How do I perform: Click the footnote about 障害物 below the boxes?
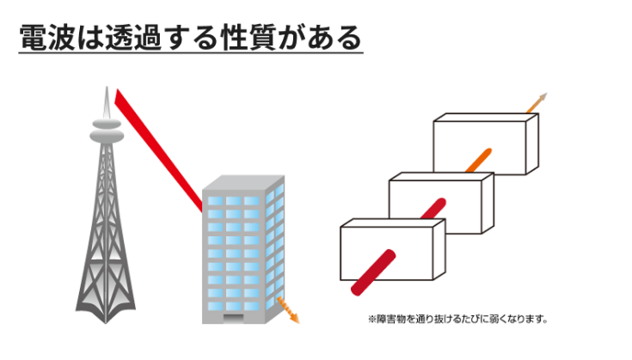(x=457, y=320)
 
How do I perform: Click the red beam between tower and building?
(x=160, y=146)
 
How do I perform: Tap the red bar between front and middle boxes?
(x=433, y=211)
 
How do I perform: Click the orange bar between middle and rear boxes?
(x=478, y=160)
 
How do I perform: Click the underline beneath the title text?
(x=189, y=53)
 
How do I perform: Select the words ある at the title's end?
(x=342, y=37)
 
